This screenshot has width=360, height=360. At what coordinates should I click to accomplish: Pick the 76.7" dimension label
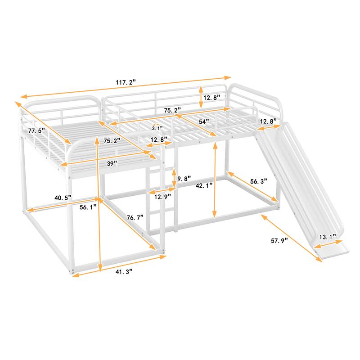pyautogui.click(x=135, y=217)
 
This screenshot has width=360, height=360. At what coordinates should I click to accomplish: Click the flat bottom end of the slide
pyautogui.click(x=333, y=250)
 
